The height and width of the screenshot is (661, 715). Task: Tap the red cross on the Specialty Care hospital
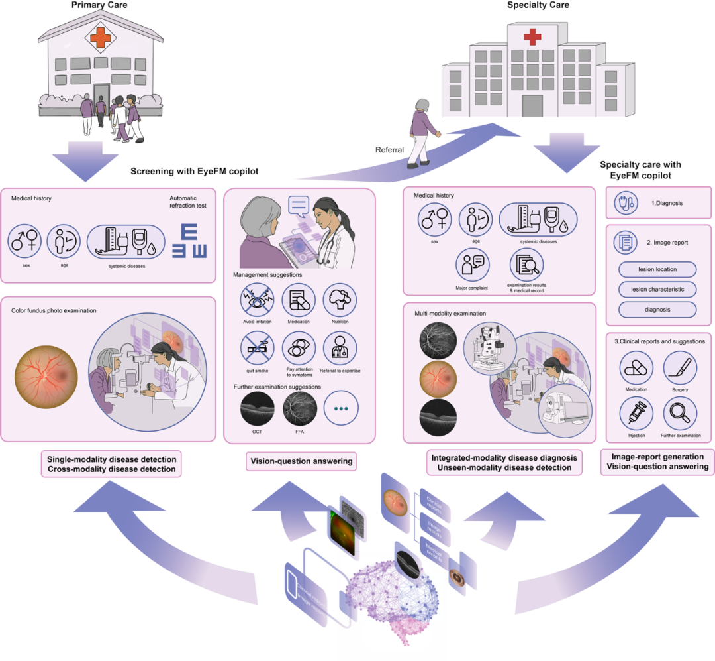point(532,38)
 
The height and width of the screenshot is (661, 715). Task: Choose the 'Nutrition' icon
point(340,299)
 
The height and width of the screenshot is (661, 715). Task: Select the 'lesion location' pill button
point(657,269)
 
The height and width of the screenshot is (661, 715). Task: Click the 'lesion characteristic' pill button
point(657,290)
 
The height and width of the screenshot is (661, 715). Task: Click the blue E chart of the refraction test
point(190,241)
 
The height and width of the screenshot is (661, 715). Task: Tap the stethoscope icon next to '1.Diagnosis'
point(625,204)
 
